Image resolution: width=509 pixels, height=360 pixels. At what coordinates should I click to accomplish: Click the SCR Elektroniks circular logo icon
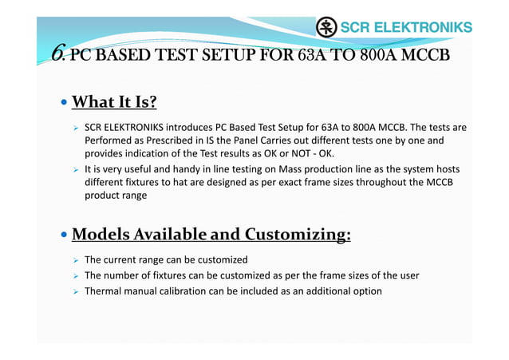tap(326, 27)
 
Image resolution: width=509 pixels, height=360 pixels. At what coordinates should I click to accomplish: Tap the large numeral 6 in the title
tap(57, 53)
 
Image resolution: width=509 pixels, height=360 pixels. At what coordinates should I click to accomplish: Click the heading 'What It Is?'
tap(114, 102)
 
